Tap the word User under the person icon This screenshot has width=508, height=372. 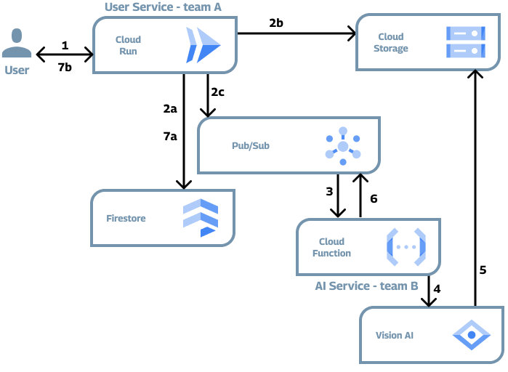click(x=17, y=70)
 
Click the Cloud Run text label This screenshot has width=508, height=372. click(x=128, y=45)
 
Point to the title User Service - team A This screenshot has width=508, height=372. click(x=163, y=7)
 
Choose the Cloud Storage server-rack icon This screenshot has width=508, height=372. click(x=465, y=42)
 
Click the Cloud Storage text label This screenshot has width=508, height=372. click(x=391, y=42)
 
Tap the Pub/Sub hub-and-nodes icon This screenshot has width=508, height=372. click(x=342, y=146)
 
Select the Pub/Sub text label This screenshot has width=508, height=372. click(x=251, y=146)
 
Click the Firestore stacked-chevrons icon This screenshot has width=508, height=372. click(x=201, y=217)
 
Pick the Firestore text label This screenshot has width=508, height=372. click(x=126, y=218)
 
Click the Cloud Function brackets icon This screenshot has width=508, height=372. click(x=406, y=247)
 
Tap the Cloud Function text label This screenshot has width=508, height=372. click(x=331, y=247)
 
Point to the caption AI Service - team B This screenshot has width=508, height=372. click(x=366, y=286)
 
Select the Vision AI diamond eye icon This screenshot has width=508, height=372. click(x=472, y=336)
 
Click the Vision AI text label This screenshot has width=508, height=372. click(x=395, y=336)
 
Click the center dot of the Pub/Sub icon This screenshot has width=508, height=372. click(x=342, y=147)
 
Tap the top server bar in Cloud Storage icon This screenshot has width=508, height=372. click(x=465, y=33)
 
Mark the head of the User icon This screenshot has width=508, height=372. click(x=17, y=35)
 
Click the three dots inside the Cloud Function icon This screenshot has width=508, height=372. click(x=406, y=247)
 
